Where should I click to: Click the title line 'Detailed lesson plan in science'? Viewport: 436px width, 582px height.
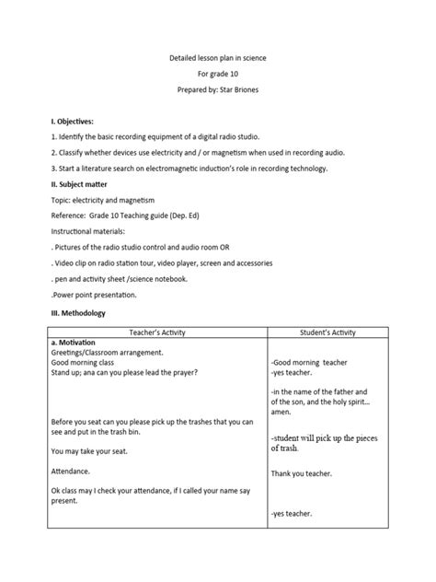(x=217, y=58)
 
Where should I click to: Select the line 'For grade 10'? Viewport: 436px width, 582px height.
(x=217, y=75)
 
